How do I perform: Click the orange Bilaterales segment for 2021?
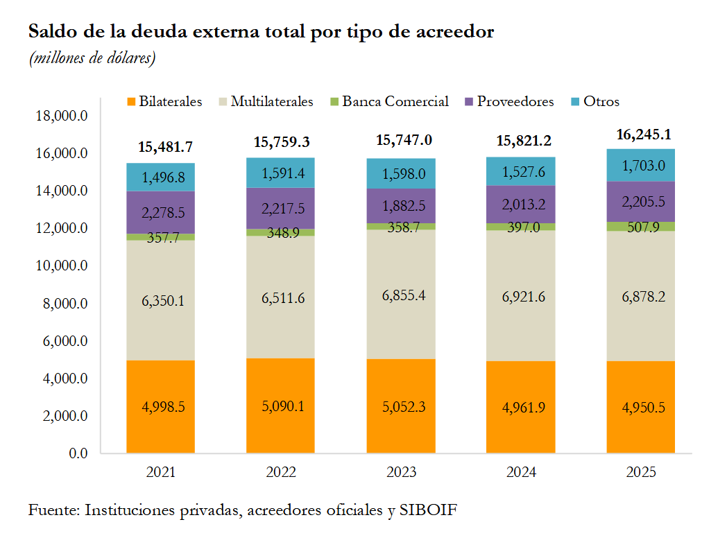coord(160,406)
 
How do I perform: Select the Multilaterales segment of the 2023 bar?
coord(401,295)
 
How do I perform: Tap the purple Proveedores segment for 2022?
coord(281,208)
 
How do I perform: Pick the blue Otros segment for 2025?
coord(641,166)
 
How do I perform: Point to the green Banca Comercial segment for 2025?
coord(641,227)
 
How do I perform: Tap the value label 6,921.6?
coord(521,297)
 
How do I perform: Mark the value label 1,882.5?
coord(401,207)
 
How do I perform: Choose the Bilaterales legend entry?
coord(164,101)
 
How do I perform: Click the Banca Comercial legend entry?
coord(389,101)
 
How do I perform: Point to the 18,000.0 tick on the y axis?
coord(60,116)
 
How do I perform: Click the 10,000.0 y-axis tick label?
coord(60,266)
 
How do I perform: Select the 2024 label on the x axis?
coord(521,473)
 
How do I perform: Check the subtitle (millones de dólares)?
coord(92,58)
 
